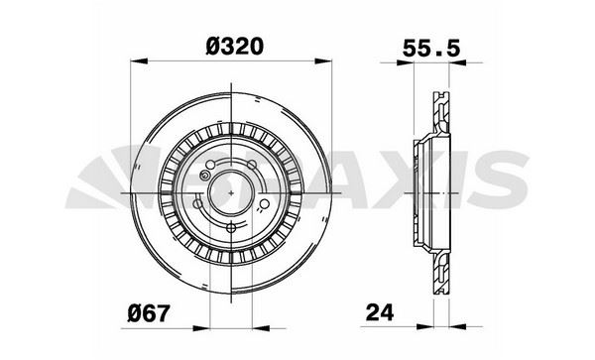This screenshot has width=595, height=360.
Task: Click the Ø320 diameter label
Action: pos(234,47)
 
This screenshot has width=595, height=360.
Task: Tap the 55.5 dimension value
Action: pos(431,49)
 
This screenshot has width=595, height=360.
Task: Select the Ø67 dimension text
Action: pos(148,314)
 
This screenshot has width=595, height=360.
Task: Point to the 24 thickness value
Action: pos(380,313)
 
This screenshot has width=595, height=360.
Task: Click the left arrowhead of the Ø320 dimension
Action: pos(139,61)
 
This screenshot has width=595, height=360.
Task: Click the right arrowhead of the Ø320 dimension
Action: pos(323,61)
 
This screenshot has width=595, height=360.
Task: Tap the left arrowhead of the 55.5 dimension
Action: pos(405,62)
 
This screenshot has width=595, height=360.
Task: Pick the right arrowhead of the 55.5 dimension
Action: pos(457,62)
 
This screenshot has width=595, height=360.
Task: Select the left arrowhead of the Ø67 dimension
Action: pos(201,328)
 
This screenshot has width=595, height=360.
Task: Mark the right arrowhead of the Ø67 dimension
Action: pos(261,328)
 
